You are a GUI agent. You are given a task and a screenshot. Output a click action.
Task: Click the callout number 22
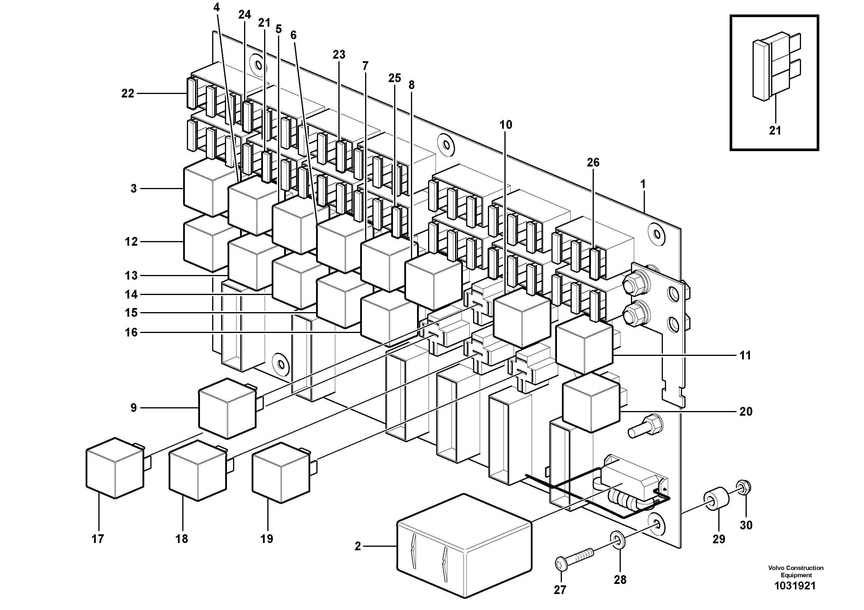(128, 93)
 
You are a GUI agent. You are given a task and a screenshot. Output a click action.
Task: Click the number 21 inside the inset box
(775, 131)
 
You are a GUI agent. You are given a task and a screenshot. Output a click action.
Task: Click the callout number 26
(593, 162)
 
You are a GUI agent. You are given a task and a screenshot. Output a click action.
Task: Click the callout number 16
(131, 332)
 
